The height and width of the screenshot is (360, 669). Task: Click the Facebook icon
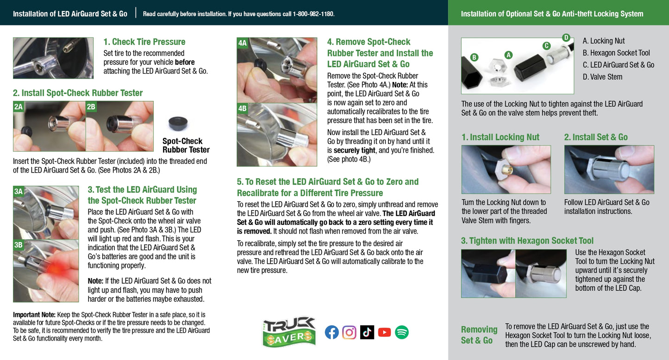[x=332, y=332]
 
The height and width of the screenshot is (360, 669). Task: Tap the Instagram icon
[x=349, y=332]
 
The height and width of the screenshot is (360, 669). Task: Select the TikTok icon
[x=367, y=332]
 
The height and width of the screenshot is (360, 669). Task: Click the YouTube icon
[x=384, y=332]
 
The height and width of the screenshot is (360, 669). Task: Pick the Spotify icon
[x=402, y=332]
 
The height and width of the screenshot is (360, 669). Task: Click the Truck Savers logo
[x=289, y=332]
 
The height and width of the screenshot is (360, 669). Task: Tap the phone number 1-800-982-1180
[x=313, y=14]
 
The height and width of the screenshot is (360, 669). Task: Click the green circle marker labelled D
[x=566, y=37]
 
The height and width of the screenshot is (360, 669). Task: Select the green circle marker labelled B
[x=474, y=57]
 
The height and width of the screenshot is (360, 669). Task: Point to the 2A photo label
[x=19, y=106]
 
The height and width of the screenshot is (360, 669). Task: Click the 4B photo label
[x=242, y=108]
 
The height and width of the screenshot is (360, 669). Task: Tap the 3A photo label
[x=19, y=192]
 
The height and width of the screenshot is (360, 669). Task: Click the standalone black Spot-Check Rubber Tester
[x=178, y=123]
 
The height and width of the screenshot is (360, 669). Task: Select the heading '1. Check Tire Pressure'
[x=144, y=42]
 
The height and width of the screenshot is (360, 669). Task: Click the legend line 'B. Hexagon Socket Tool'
[x=616, y=53]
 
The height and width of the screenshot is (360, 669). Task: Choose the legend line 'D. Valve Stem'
[x=602, y=77]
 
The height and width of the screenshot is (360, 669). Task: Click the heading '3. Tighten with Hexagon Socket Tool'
[x=527, y=241]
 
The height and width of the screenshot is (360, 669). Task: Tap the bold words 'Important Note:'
[x=34, y=315]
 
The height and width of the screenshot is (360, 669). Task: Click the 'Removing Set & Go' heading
[x=479, y=335]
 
